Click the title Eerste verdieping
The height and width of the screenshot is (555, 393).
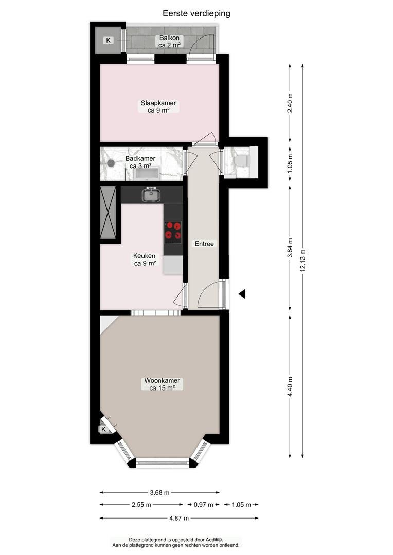pos(196,13)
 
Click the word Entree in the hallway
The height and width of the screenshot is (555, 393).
pos(205,244)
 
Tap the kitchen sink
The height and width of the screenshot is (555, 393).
pos(151,194)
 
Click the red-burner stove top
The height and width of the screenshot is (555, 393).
pos(173,231)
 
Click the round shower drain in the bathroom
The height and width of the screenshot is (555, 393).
pos(111,163)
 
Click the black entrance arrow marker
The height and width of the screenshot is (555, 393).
pos(242,294)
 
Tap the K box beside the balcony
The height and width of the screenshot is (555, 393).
pos(108,41)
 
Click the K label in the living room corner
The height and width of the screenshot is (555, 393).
pos(103,429)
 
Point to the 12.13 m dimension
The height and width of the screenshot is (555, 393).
pos(302,261)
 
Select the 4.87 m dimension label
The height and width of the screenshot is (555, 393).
pos(179,518)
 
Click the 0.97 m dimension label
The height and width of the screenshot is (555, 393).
pos(203,505)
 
